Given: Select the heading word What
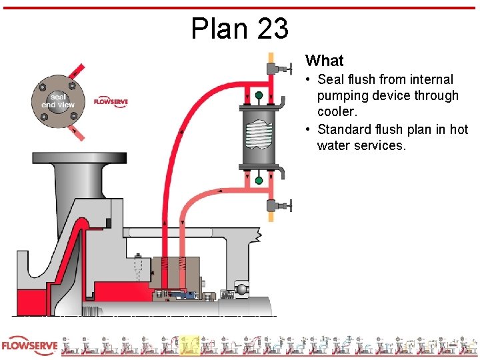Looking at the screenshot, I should click(x=325, y=61).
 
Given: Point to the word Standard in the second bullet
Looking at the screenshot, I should click(x=345, y=129).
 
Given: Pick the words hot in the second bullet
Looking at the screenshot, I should click(x=458, y=129).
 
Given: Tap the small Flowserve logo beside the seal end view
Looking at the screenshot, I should click(x=111, y=101).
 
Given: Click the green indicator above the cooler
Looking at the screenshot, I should click(x=259, y=96).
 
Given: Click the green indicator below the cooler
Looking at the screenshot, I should click(x=259, y=180).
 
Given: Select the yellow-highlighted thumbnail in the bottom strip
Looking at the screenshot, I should click(x=189, y=345).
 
